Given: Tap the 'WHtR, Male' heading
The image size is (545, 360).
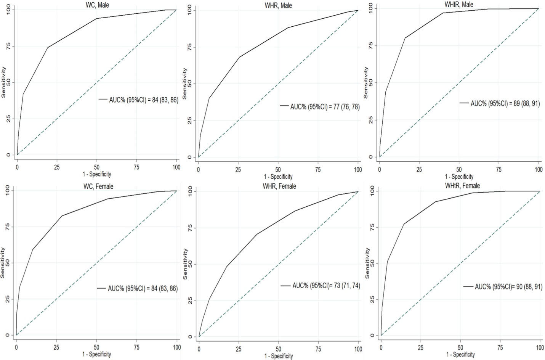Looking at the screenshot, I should [x=459, y=5].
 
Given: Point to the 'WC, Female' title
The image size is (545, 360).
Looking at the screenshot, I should [x=97, y=186].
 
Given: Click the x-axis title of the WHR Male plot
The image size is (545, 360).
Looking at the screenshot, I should [x=278, y=177].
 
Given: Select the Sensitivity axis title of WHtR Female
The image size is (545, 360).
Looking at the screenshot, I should [x=367, y=263].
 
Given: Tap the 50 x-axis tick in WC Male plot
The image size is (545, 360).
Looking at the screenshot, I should [x=97, y=167].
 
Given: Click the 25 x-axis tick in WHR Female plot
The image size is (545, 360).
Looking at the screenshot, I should [x=239, y=349].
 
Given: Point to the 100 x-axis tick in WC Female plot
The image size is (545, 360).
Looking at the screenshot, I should [x=177, y=347].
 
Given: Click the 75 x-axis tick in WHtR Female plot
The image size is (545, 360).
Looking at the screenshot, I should [x=500, y=348].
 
